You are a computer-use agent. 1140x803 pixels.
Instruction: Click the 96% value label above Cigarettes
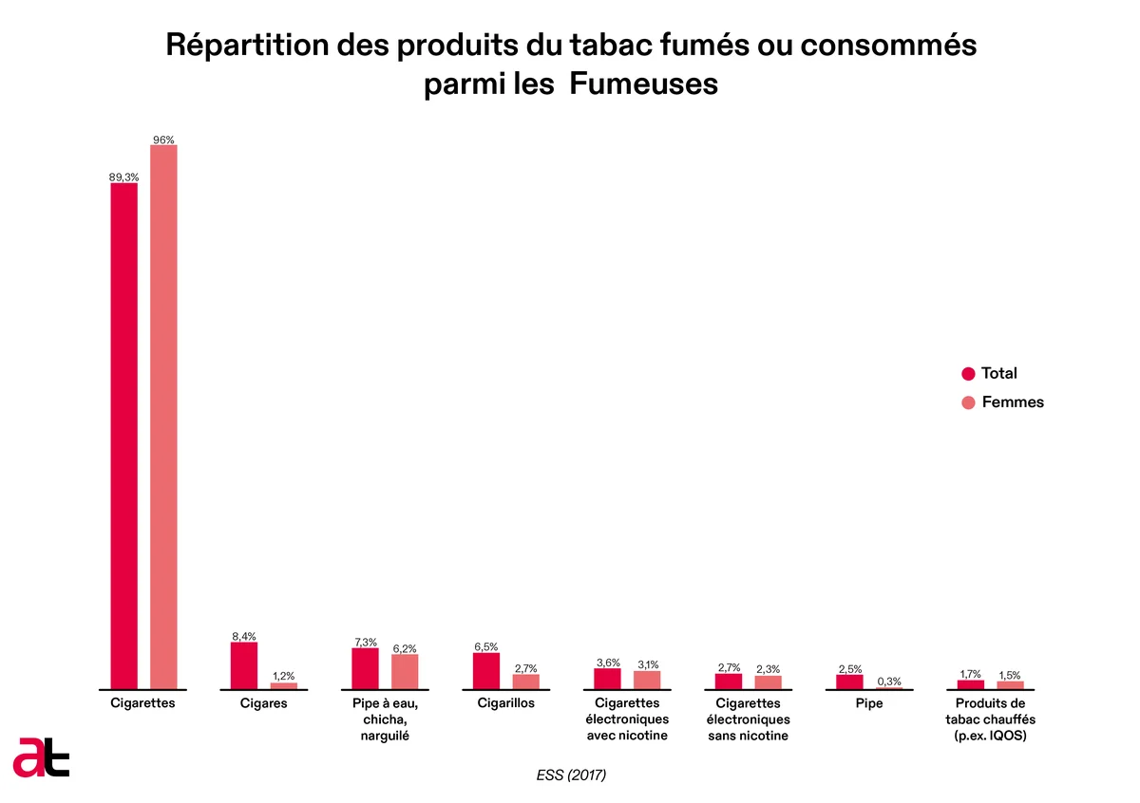tap(163, 140)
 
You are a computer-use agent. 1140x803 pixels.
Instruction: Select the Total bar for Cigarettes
tap(124, 436)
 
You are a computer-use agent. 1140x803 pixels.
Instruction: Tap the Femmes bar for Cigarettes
tap(163, 417)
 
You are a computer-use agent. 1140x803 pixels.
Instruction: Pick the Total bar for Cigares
tap(244, 665)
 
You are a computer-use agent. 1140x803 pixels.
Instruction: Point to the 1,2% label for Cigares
tap(283, 676)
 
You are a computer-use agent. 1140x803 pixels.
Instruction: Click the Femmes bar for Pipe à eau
tap(405, 672)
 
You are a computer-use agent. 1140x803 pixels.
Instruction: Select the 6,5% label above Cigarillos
tap(486, 647)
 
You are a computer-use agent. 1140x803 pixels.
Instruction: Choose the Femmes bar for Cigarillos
tap(525, 682)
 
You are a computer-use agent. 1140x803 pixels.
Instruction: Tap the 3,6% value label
tap(608, 663)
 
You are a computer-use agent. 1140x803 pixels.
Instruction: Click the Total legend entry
tap(989, 373)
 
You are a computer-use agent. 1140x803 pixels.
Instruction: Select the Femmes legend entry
tap(1002, 402)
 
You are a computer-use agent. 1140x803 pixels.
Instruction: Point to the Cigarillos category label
tap(505, 702)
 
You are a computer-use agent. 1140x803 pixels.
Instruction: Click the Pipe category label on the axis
tap(869, 703)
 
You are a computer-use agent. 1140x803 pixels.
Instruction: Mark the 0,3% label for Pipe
tap(889, 682)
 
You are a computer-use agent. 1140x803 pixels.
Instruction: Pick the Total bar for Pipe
tap(849, 682)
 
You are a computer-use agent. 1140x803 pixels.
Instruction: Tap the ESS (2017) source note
tap(571, 775)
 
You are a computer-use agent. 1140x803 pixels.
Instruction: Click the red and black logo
tap(41, 757)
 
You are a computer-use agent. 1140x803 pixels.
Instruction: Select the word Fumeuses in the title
tap(643, 84)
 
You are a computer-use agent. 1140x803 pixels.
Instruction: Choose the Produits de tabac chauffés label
tap(990, 719)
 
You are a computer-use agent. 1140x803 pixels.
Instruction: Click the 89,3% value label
tap(123, 177)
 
